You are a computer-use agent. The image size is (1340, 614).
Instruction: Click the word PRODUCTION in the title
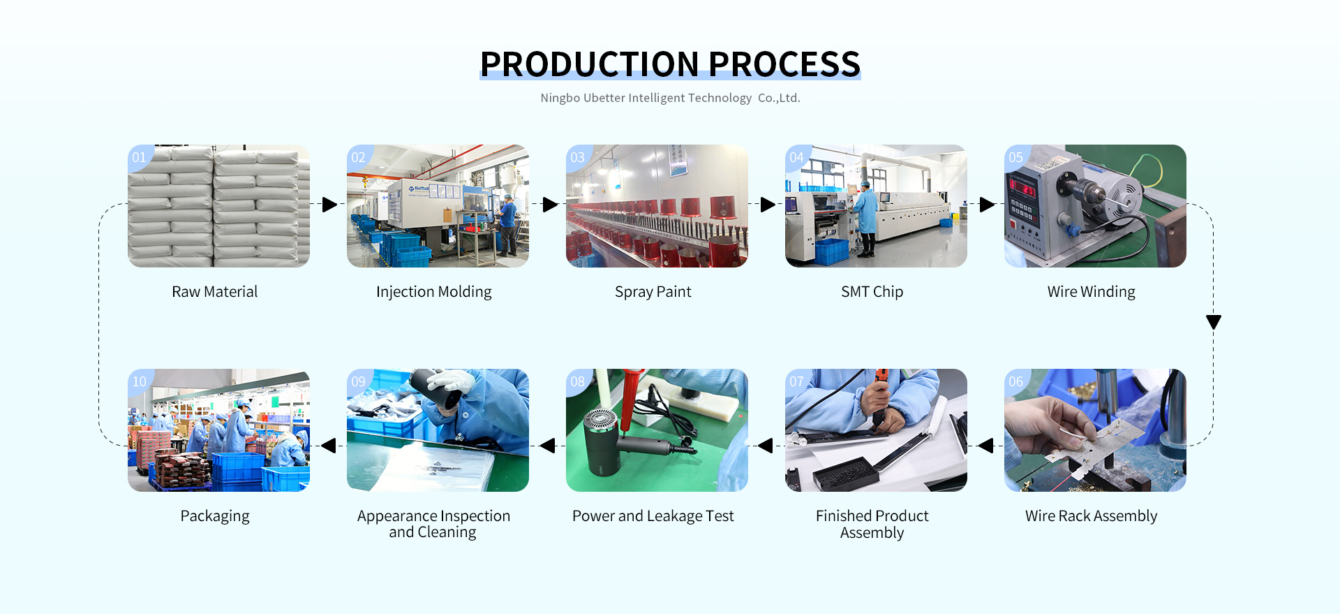pyautogui.click(x=589, y=64)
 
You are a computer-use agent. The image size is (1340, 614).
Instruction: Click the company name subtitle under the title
pyautogui.click(x=670, y=98)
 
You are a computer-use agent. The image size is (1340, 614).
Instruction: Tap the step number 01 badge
pyautogui.click(x=140, y=157)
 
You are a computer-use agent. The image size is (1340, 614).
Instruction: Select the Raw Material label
pyautogui.click(x=215, y=292)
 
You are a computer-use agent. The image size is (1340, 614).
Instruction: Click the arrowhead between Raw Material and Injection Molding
pyautogui.click(x=329, y=205)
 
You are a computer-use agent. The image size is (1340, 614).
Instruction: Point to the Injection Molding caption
pyautogui.click(x=434, y=292)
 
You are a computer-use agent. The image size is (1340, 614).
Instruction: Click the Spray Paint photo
pyautogui.click(x=657, y=206)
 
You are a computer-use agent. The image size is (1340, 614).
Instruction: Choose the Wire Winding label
pyautogui.click(x=1092, y=292)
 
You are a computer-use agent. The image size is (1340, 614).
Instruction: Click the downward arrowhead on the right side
pyautogui.click(x=1214, y=322)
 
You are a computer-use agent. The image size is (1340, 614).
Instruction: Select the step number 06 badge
pyautogui.click(x=1016, y=381)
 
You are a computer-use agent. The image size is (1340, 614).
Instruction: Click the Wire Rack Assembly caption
pyautogui.click(x=1092, y=516)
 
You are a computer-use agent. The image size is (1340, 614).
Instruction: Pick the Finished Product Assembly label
pyautogui.click(x=872, y=524)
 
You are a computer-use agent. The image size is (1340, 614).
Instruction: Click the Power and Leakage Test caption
pyautogui.click(x=653, y=516)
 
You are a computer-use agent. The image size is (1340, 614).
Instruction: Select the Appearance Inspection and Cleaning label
pyautogui.click(x=433, y=524)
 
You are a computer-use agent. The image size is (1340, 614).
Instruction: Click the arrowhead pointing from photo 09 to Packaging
pyautogui.click(x=329, y=446)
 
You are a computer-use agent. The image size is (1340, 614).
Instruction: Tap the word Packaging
pyautogui.click(x=215, y=516)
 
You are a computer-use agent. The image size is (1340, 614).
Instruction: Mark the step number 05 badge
pyautogui.click(x=1016, y=157)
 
